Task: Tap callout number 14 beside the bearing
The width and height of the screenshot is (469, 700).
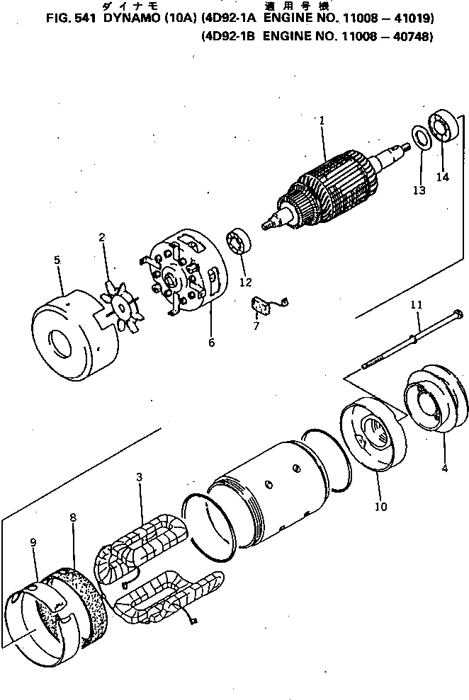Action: pyautogui.click(x=442, y=177)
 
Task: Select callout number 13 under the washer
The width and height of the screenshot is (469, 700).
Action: pyautogui.click(x=419, y=190)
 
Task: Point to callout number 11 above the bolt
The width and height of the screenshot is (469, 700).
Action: pyautogui.click(x=416, y=305)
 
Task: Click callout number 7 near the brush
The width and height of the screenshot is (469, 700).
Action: pyautogui.click(x=256, y=326)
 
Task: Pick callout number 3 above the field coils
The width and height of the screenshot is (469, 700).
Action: pyautogui.click(x=140, y=478)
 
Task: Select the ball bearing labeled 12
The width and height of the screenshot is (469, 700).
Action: pyautogui.click(x=239, y=243)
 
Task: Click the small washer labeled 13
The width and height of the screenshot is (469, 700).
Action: pyautogui.click(x=419, y=137)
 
